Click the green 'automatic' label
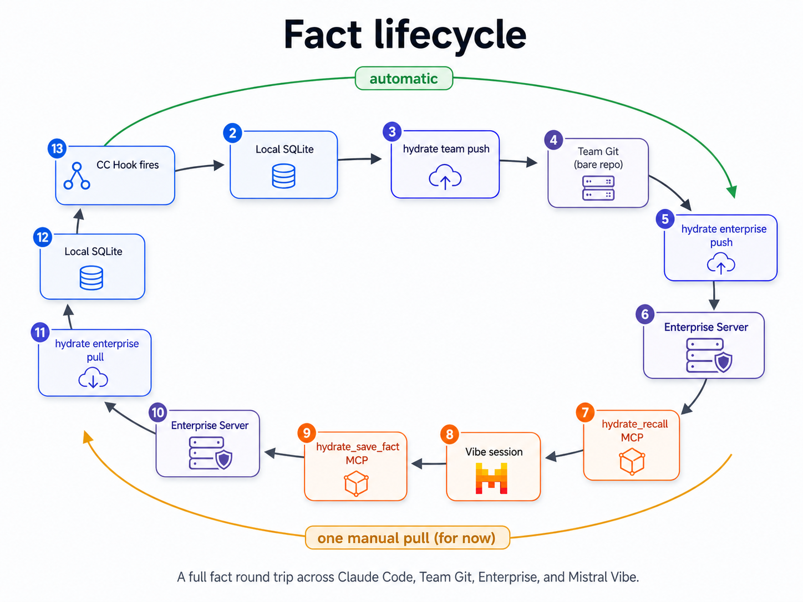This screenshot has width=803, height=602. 404,79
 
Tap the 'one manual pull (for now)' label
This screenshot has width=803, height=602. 406,538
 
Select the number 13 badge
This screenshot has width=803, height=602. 57,149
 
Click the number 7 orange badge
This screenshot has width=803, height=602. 585,412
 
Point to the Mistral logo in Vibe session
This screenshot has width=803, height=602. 491,478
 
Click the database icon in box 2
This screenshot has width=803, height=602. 283,176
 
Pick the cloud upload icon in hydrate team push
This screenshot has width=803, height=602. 445,177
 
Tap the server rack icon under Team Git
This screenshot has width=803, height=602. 598,188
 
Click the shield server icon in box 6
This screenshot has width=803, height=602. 709,356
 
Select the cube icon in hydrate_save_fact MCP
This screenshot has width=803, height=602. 356,483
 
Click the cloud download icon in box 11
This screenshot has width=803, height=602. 93,379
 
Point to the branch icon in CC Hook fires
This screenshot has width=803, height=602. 77,176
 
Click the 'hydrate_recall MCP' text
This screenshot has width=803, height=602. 634,431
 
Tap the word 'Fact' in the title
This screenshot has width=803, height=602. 322,35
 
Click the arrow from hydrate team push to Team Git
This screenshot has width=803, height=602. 519,161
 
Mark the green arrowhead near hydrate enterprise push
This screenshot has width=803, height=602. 733,192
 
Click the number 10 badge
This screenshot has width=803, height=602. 158,412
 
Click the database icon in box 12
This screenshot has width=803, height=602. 91,278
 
